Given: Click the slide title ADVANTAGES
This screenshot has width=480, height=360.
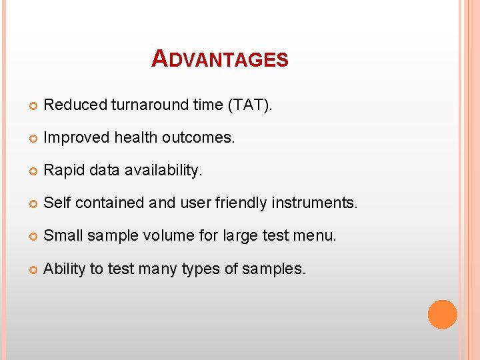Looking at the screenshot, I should point(220,59).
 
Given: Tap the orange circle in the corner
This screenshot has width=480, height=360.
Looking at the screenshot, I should point(442,314).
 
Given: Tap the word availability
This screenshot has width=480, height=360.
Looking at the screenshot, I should point(163,171).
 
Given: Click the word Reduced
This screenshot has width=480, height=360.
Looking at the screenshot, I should point(75,105).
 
